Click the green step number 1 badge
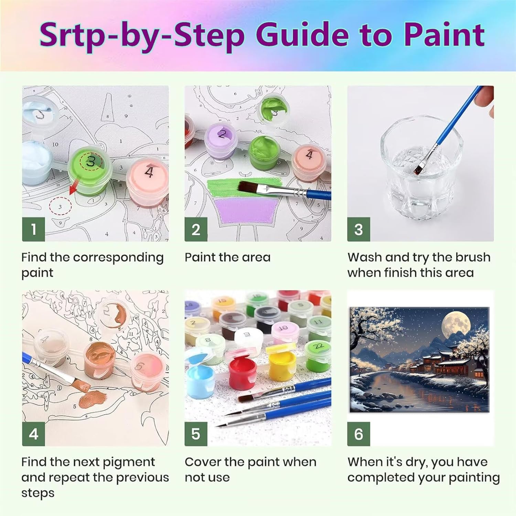point(33,229)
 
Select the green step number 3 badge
point(358,229)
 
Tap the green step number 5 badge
point(196,434)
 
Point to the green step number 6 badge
point(358,434)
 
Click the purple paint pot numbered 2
point(222,142)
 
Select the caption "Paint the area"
point(227,257)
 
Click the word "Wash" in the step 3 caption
point(365,257)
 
